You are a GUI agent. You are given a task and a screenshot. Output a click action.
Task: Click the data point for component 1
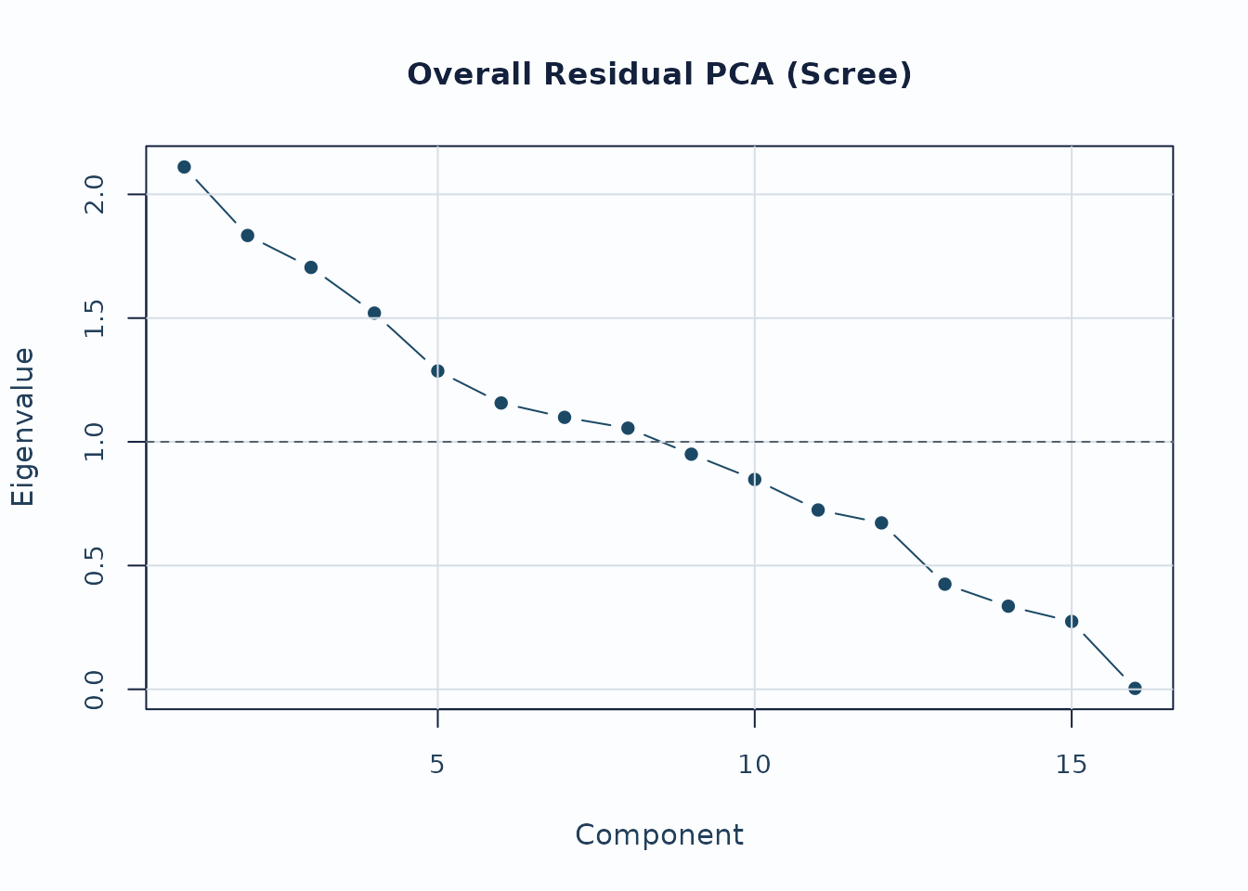coord(184,167)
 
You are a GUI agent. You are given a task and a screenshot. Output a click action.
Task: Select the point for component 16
coord(1135,688)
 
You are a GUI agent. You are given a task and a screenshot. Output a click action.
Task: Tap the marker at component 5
coord(437,370)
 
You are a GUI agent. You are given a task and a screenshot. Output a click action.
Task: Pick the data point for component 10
coord(755,479)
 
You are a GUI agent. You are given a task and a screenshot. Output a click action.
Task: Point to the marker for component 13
coord(944,584)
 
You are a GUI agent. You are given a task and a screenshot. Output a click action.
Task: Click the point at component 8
coord(628,428)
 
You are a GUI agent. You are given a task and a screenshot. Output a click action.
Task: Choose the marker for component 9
coord(691,454)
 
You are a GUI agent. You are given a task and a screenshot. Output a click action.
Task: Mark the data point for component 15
coord(1072,621)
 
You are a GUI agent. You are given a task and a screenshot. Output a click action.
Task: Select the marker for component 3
coord(311,267)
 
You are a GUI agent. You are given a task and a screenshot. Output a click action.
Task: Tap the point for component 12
coord(881,523)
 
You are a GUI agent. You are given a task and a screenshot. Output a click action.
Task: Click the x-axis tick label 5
coord(437,765)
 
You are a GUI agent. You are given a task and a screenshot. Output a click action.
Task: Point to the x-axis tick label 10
coord(755,765)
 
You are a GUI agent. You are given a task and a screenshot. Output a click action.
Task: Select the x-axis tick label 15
coord(1072,765)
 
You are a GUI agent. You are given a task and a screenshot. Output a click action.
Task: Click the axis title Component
coord(659,835)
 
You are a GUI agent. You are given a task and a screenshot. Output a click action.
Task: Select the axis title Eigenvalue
coord(23,427)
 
